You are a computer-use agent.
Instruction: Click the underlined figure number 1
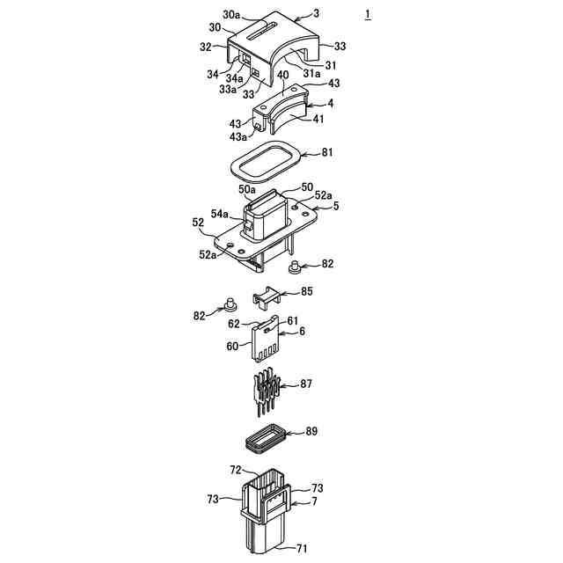pyautogui.click(x=368, y=15)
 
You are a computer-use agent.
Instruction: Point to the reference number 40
pyautogui.click(x=283, y=76)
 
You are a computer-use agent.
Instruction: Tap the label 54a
pyautogui.click(x=221, y=214)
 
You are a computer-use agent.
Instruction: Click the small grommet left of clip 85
pyautogui.click(x=231, y=306)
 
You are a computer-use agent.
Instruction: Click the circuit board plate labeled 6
pyautogui.click(x=267, y=343)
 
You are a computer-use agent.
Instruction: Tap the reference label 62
pyautogui.click(x=235, y=324)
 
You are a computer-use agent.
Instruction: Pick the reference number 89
pyautogui.click(x=311, y=432)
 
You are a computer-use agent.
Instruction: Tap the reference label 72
pyautogui.click(x=237, y=471)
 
